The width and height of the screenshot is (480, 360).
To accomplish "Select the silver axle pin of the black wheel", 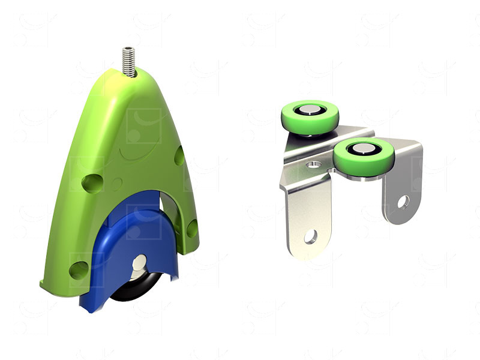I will [140, 262].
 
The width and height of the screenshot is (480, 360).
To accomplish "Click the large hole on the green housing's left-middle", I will [92, 182].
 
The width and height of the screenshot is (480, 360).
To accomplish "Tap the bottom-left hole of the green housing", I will [79, 270].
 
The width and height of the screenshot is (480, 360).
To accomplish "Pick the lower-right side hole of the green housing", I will [192, 228].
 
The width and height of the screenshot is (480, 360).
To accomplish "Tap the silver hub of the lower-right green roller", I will [362, 149].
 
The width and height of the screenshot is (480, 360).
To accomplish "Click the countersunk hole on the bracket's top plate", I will [313, 164].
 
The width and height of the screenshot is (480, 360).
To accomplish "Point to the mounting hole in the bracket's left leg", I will [310, 236].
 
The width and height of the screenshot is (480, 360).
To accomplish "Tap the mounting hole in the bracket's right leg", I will [402, 202].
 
